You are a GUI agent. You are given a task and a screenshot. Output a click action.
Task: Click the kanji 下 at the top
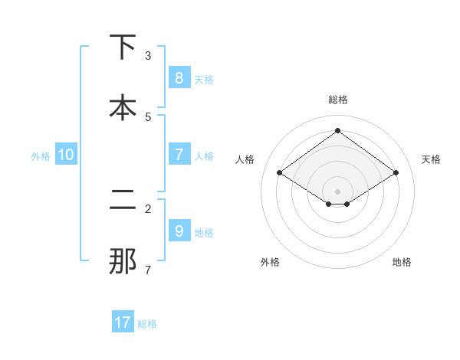click(122, 47)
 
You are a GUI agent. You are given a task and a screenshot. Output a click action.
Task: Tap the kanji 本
click(122, 107)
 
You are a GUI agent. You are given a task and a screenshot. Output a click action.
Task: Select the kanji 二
click(122, 201)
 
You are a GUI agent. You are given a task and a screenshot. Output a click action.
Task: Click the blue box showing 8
click(179, 77)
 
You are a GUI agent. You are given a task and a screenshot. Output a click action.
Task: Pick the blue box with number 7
click(179, 155)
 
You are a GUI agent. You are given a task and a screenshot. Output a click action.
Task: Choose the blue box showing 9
click(179, 231)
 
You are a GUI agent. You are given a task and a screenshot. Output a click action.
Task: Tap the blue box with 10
click(66, 155)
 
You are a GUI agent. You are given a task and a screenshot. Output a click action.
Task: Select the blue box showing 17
click(123, 322)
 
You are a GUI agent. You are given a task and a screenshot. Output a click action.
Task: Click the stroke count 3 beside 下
click(148, 55)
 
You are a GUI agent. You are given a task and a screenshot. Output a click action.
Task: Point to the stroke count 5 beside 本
click(148, 116)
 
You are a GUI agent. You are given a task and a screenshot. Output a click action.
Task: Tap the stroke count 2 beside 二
click(148, 208)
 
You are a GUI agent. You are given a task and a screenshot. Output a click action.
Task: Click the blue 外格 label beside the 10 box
click(41, 155)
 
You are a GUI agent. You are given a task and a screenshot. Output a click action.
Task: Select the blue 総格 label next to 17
click(147, 323)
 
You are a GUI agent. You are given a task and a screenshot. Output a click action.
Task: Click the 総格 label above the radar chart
click(337, 100)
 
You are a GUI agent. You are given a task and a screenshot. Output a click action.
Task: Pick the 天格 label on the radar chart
click(431, 159)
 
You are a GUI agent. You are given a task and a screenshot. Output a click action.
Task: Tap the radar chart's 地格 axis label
click(402, 262)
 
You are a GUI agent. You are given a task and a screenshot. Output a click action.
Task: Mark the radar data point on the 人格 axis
click(279, 173)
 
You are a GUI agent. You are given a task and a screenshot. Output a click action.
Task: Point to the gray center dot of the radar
click(337, 191)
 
